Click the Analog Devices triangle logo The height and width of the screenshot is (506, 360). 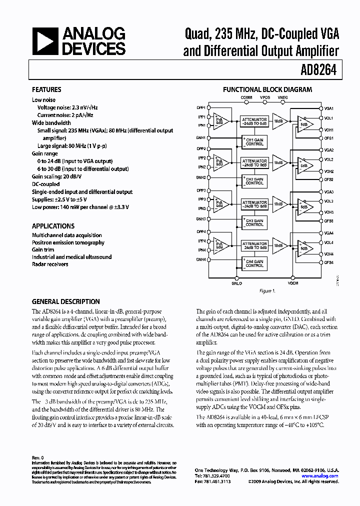(45, 41)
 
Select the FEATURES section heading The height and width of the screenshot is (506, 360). (46, 90)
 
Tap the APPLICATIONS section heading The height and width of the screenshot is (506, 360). (53, 226)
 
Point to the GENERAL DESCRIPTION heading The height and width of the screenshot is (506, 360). (65, 302)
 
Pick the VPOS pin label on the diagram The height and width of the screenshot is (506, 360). (265, 97)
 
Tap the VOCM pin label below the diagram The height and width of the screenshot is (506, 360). (293, 283)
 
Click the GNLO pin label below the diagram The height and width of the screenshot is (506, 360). (236, 283)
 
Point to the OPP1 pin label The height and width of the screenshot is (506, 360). (201, 107)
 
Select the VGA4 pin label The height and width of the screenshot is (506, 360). (328, 233)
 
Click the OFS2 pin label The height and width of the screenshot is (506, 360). (328, 179)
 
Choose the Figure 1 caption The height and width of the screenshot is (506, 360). (265, 291)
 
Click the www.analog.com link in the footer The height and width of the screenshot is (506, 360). (320, 476)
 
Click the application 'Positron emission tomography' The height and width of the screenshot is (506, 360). (68, 242)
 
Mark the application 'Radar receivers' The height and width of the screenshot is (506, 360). (50, 264)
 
